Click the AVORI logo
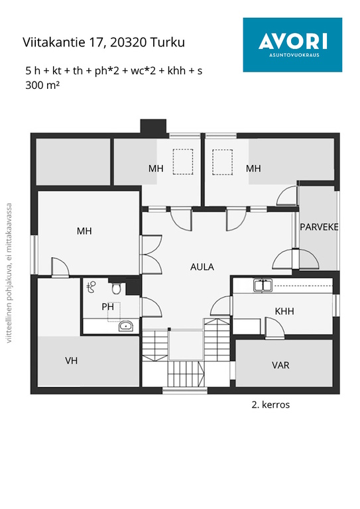(292, 45)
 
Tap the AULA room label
(202, 267)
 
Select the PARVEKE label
(319, 227)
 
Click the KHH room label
(284, 311)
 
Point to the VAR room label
(280, 365)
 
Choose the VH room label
(71, 361)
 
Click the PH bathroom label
(108, 306)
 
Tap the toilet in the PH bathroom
(117, 288)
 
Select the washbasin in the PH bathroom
(125, 325)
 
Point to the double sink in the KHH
(263, 285)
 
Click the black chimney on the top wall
(154, 127)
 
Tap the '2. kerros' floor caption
(270, 405)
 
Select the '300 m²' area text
(42, 85)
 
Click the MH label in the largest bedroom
(84, 231)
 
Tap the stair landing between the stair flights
(186, 345)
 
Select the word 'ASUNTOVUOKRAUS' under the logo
(294, 55)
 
